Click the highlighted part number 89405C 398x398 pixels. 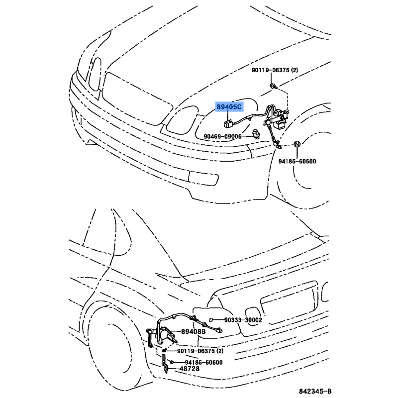tap(229, 107)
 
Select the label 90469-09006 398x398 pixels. tap(222, 136)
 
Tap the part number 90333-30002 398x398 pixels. tap(243, 320)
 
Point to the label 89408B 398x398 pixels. tap(193, 331)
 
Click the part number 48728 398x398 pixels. tap(190, 369)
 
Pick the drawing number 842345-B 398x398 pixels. tap(315, 391)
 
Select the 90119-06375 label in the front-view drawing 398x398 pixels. tap(275, 70)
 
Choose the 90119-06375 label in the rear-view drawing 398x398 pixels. tap(200, 351)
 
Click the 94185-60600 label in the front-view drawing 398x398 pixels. tap(297, 161)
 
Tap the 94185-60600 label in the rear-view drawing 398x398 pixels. tap(203, 362)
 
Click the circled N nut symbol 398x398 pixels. tap(297, 144)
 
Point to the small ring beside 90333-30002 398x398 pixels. tap(211, 320)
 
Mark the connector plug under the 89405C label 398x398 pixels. tap(228, 123)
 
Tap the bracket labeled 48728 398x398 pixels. tap(164, 364)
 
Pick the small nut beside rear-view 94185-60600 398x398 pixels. tap(172, 362)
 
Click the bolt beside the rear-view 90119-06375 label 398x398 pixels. tap(165, 350)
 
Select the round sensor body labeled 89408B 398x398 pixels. tap(163, 334)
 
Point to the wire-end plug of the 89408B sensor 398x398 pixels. tap(219, 330)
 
